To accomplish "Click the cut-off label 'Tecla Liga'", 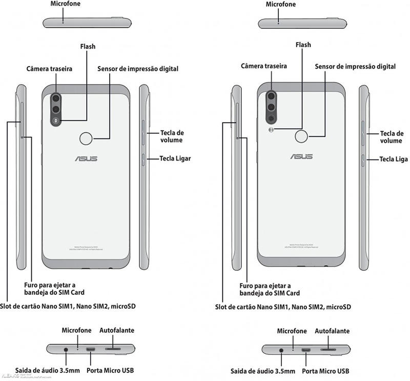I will (394, 159).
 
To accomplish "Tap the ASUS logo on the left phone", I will (86, 158).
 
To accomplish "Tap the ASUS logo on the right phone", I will (301, 156).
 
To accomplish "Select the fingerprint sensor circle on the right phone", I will (302, 136).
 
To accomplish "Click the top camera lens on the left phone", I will (55, 98).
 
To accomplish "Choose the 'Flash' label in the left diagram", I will (88, 47).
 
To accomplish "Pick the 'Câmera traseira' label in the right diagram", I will (264, 66).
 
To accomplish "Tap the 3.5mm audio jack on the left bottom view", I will (67, 350).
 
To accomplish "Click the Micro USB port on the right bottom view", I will (306, 350).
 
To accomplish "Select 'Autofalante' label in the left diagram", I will (117, 331).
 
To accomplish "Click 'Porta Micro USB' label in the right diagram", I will (326, 371).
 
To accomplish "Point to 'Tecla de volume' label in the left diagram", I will (171, 136).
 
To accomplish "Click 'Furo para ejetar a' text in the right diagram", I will (266, 285).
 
